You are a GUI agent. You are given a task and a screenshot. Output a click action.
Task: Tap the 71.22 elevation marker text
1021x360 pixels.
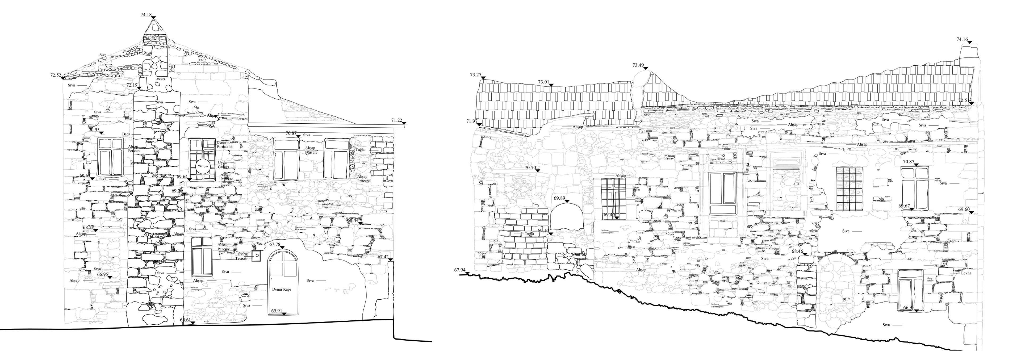pos(396,120)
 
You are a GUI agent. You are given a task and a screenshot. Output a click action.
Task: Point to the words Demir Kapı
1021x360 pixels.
pos(282,290)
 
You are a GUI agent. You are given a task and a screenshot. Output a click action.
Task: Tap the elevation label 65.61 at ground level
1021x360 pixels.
pos(186,320)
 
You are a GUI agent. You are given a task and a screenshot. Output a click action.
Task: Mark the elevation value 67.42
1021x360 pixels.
pos(383,257)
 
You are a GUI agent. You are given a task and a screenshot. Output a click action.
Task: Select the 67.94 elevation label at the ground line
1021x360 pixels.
pos(460,270)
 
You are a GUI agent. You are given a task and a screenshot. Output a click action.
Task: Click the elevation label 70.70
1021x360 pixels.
pos(530,168)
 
